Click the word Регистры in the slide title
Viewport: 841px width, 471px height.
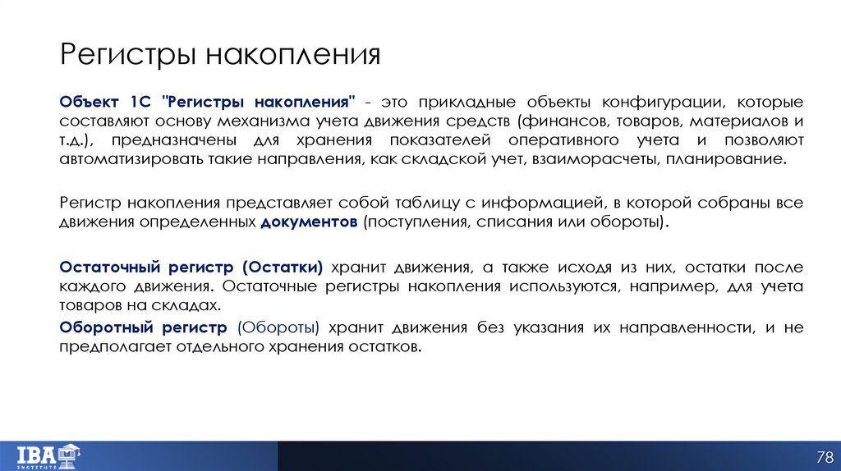tap(127, 56)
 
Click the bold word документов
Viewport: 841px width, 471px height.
tap(309, 222)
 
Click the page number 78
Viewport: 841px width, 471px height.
tap(824, 455)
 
